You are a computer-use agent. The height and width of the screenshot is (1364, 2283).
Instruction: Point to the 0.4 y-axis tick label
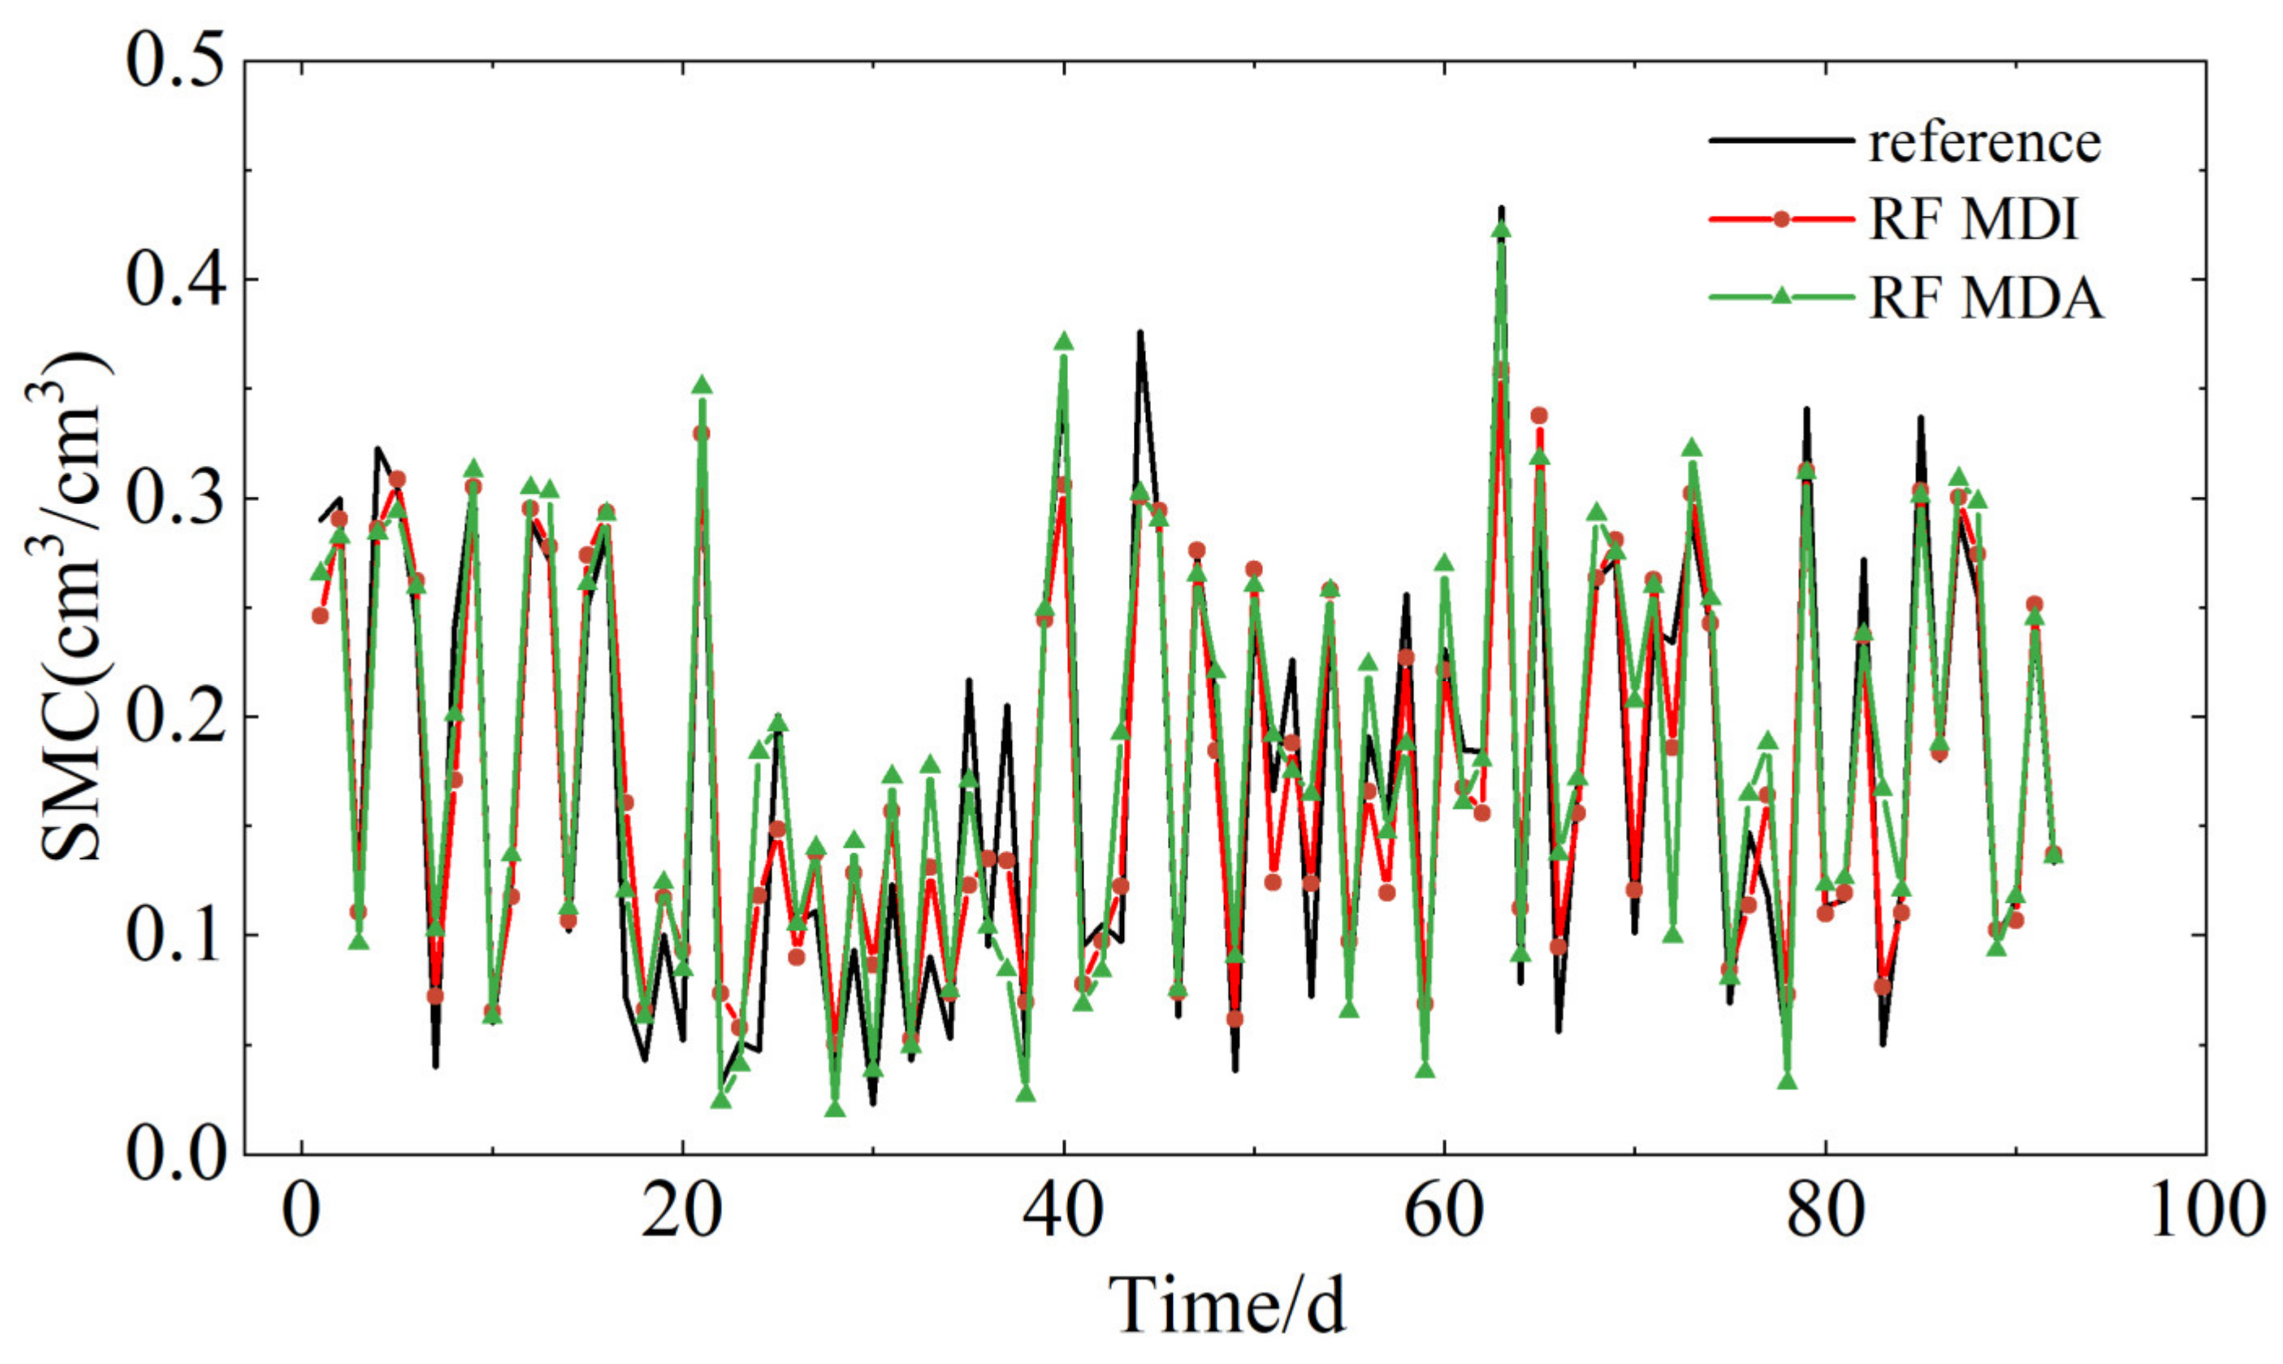[175, 279]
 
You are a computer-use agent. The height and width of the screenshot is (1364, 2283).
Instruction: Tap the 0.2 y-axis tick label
[175, 716]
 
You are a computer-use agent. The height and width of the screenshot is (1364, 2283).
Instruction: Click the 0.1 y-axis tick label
[175, 935]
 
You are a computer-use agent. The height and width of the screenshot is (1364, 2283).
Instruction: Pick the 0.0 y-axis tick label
[175, 1154]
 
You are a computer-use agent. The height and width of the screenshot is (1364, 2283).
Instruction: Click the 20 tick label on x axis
[681, 1211]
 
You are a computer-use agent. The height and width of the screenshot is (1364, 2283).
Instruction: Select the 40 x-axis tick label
[1063, 1211]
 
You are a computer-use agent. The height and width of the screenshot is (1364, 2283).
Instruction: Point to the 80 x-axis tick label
[1825, 1211]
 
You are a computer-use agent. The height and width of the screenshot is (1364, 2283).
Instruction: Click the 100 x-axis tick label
[2205, 1211]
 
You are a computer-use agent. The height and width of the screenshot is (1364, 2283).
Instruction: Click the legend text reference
[1984, 141]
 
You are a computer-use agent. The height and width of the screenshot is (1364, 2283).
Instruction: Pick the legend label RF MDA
[1986, 298]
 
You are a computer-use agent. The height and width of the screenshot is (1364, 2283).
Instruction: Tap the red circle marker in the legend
[1781, 218]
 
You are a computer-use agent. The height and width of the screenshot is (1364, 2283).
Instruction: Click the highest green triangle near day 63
[1501, 229]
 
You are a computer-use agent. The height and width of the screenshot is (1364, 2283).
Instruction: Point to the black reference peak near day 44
[1140, 333]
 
